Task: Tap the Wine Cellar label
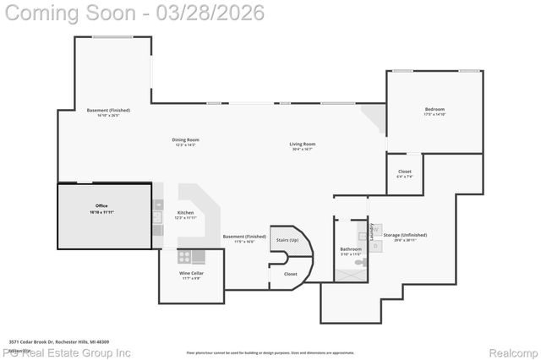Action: coord(190,274)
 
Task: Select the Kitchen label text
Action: coord(185,213)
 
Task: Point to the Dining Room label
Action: coord(187,139)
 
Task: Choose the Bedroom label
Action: coord(434,110)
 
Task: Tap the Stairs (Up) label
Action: coord(287,240)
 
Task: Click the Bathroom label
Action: coord(351,248)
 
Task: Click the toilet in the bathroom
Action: coord(359,264)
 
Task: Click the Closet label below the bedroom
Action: coord(405,172)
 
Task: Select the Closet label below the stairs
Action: coord(290,274)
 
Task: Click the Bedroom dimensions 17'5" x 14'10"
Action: coord(434,115)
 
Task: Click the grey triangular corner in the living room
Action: coord(371,114)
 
